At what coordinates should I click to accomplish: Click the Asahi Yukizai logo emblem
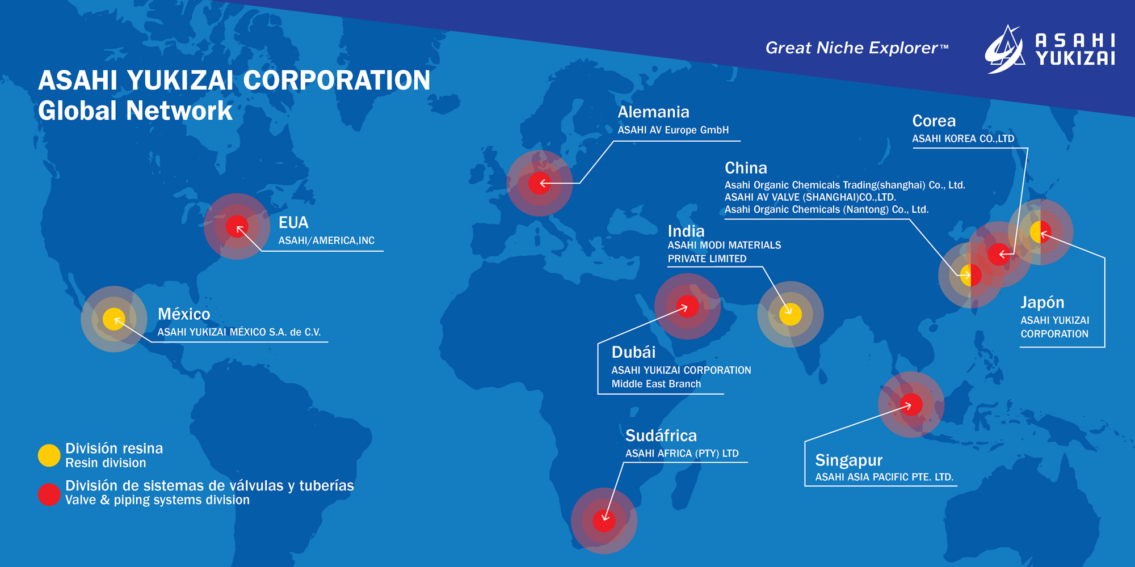(1004, 49)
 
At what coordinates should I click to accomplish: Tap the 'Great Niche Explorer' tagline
(857, 48)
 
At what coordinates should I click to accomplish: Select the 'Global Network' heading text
(135, 111)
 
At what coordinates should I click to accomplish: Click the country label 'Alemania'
(653, 112)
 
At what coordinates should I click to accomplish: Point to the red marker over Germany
(540, 183)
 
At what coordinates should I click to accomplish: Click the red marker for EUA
(237, 227)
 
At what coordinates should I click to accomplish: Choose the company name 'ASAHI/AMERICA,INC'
(326, 240)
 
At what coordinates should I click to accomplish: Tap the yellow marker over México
(114, 319)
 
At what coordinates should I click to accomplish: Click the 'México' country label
(184, 314)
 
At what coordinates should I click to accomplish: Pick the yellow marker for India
(791, 314)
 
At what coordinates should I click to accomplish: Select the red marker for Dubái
(688, 307)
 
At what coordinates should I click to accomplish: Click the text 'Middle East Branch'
(656, 384)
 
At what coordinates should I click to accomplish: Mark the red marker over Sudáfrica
(604, 521)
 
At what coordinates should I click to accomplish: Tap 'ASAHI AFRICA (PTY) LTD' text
(682, 454)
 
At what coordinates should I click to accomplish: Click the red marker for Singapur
(911, 405)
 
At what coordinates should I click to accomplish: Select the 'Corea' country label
(934, 121)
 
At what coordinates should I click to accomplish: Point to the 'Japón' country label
(1042, 303)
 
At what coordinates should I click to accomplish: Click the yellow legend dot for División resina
(49, 455)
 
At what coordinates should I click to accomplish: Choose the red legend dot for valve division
(49, 494)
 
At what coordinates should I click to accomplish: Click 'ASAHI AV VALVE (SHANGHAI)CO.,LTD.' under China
(810, 197)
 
